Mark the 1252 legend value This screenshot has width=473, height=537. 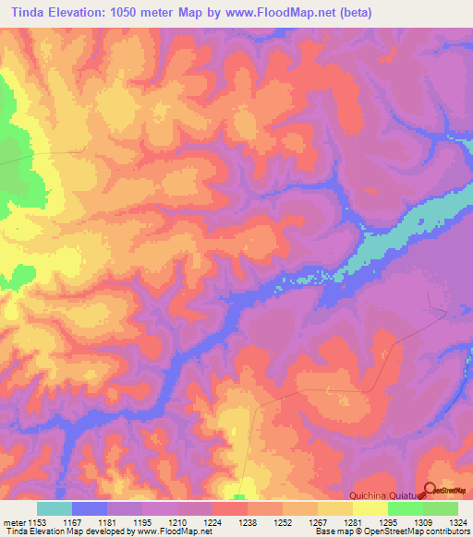[284, 522]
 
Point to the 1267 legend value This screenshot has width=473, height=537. [319, 522]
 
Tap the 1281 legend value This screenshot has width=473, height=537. [353, 522]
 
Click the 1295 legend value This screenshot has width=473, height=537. [388, 522]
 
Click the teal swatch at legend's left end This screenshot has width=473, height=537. [55, 508]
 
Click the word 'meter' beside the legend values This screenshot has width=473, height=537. [13, 522]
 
